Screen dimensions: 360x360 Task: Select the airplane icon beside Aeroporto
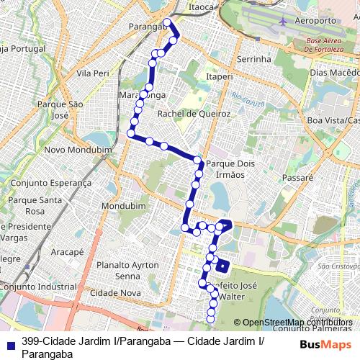pyautogui.click(x=282, y=21)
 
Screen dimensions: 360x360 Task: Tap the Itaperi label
pyautogui.click(x=220, y=76)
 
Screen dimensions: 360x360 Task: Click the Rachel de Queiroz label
pyautogui.click(x=194, y=114)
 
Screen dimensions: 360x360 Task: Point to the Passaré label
pyautogui.click(x=297, y=176)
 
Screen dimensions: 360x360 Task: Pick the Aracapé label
pyautogui.click(x=68, y=253)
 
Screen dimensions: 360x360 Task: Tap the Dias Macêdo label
pyautogui.click(x=333, y=73)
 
